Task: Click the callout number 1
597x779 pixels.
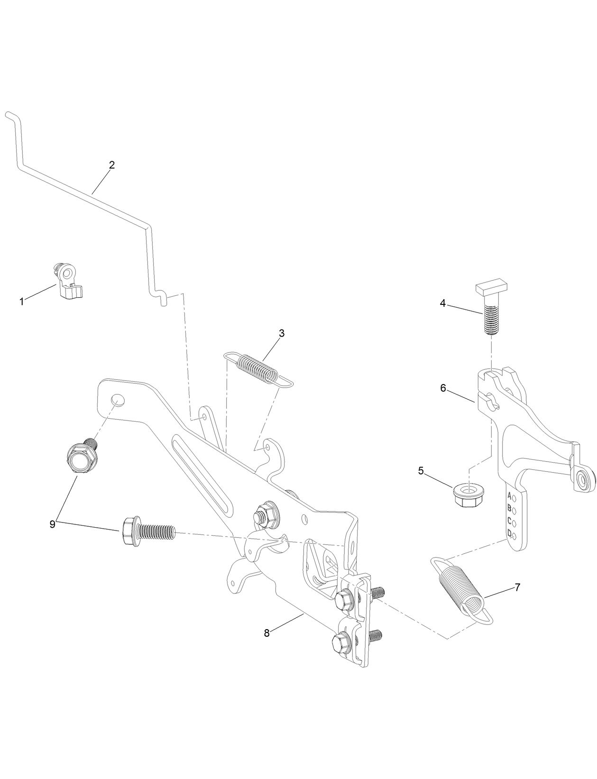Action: [21, 302]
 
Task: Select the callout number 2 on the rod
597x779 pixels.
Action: [112, 165]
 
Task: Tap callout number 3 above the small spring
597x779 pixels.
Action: [282, 333]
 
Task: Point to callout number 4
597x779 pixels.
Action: [443, 303]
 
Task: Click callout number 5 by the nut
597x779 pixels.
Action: [421, 471]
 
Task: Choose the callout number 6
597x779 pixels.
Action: [443, 388]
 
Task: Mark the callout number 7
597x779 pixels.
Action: [517, 587]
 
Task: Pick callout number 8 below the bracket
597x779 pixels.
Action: [267, 633]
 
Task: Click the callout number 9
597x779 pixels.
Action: [53, 524]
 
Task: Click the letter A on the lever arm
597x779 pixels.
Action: [509, 496]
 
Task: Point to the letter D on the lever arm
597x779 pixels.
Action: [510, 533]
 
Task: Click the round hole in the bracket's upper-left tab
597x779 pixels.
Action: [118, 400]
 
